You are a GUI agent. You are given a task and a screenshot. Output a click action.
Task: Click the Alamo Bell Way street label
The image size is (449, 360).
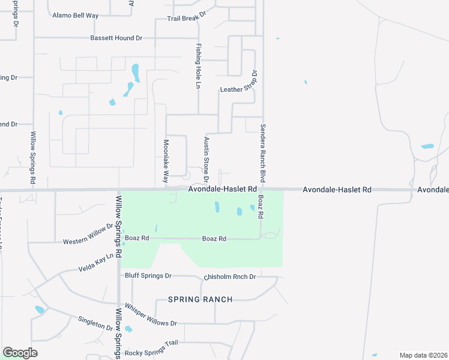tap(75, 16)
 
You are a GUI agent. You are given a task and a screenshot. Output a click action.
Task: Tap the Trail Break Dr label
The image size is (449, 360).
tap(186, 19)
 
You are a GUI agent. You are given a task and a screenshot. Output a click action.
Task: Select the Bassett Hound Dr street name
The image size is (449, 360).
tap(116, 38)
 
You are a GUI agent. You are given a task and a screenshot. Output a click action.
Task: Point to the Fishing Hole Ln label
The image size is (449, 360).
tap(197, 66)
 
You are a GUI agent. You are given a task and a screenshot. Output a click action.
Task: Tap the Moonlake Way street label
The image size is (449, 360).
tap(166, 161)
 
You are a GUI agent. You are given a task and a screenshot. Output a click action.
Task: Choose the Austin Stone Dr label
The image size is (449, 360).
tap(206, 159)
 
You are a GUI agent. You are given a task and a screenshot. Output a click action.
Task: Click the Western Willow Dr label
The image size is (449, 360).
tap(88, 235)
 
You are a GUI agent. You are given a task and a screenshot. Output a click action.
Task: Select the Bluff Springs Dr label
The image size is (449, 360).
tap(148, 276)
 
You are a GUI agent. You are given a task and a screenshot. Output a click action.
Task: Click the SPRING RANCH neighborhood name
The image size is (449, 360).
tap(200, 299)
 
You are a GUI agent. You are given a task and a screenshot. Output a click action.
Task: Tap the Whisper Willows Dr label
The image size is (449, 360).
tap(151, 318)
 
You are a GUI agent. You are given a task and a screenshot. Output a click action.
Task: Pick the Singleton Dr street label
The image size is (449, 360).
tap(95, 323)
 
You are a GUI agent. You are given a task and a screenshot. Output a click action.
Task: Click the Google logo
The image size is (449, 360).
tap(20, 353)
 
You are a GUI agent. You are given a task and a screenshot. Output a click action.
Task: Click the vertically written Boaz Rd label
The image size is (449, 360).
tap(261, 206)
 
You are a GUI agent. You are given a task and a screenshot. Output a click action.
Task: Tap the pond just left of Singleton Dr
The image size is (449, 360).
tap(40, 310)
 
